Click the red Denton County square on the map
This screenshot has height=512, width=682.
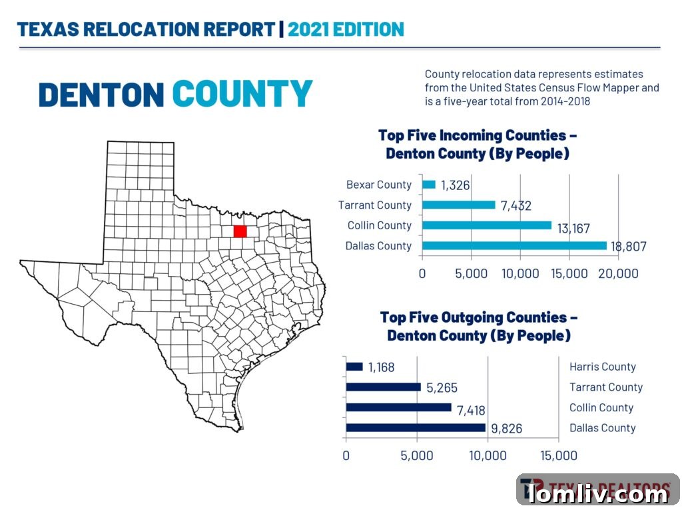click(240, 231)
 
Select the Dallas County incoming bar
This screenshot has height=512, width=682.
click(514, 246)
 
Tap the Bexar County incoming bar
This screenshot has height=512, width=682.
click(429, 185)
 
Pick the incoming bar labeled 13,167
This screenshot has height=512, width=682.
click(487, 225)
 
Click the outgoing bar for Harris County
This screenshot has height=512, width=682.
click(354, 367)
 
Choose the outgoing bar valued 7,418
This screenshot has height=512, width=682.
click(398, 408)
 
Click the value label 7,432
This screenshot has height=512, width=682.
click(515, 206)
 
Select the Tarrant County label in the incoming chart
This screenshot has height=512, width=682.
click(375, 205)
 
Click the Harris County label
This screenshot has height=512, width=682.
click(602, 367)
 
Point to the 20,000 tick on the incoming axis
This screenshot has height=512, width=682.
click(619, 273)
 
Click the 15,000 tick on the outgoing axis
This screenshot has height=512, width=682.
click(558, 456)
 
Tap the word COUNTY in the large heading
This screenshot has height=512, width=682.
click(242, 94)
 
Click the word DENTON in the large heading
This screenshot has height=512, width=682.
click(101, 94)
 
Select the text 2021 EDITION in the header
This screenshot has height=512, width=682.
click(346, 29)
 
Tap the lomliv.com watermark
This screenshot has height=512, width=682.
click(598, 494)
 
